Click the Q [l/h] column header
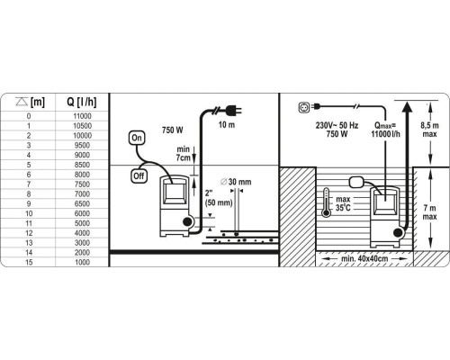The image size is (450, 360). pos(82,103)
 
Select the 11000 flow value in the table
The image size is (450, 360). pos(82,116)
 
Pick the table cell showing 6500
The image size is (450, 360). pos(82,203)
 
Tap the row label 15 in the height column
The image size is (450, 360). pos(29,262)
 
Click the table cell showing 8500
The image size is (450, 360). pos(82,165)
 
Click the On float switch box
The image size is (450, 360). pos(137,138)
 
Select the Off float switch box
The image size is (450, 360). pos(139,175)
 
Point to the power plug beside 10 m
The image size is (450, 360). pos(233,110)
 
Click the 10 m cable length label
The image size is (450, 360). pos(227,125)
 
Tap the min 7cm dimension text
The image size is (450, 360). pos(184,153)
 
